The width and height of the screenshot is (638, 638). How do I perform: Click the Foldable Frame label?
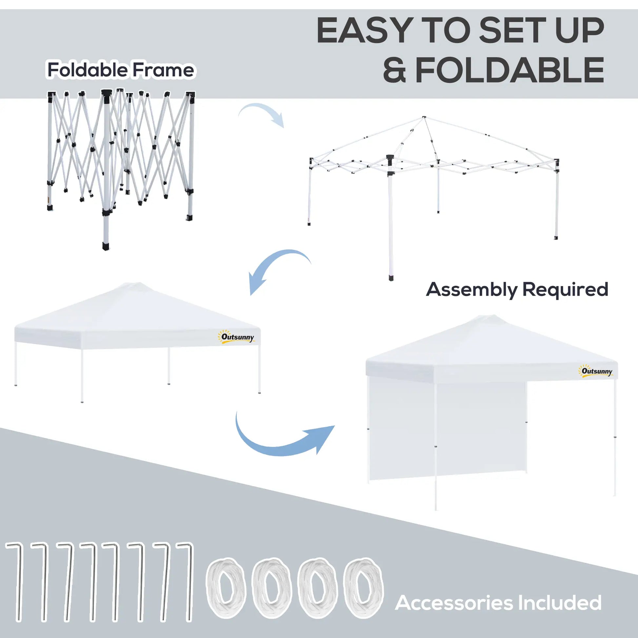coord(121,70)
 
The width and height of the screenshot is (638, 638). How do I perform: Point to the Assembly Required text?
coord(517,289)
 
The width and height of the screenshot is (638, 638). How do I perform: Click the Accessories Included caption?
coord(498,603)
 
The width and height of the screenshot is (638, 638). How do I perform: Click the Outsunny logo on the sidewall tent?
coord(597,371)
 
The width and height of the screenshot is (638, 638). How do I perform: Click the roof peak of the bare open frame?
coord(424,117)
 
